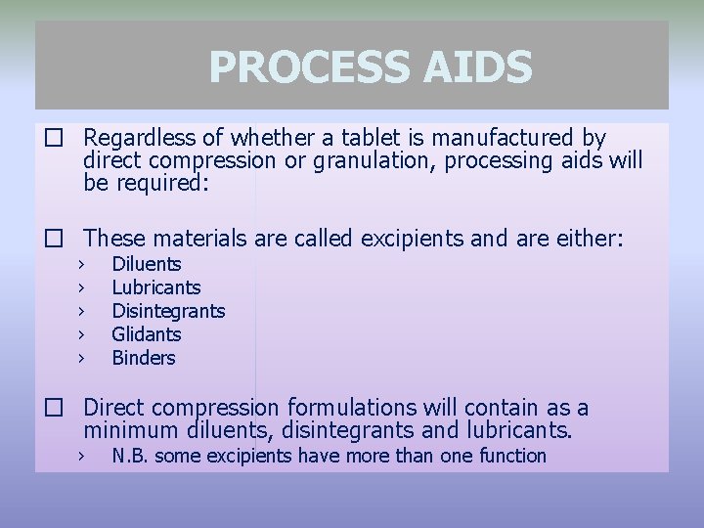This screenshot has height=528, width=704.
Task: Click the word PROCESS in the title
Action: point(297,67)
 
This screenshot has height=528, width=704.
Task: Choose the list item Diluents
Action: point(147,264)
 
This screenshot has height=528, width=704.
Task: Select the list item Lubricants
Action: point(156,287)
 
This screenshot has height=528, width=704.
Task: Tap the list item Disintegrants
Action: point(168,311)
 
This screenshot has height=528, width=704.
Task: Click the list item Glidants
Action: point(147,334)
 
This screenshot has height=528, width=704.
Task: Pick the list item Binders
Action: point(144,358)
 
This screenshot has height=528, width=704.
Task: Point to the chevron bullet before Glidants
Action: point(83,334)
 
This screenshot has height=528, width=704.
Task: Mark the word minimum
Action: point(129,429)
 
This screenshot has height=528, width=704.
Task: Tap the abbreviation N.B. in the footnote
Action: point(130,456)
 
